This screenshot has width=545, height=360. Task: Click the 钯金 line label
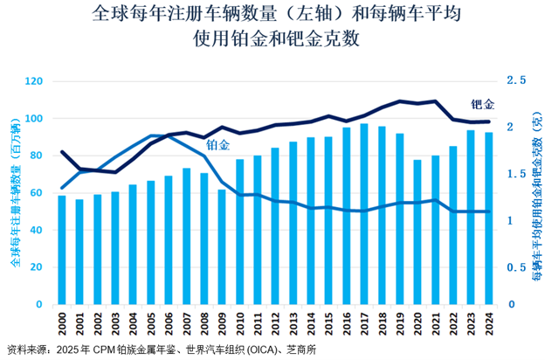click(482, 105)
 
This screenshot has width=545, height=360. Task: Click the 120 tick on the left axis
click(35, 81)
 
